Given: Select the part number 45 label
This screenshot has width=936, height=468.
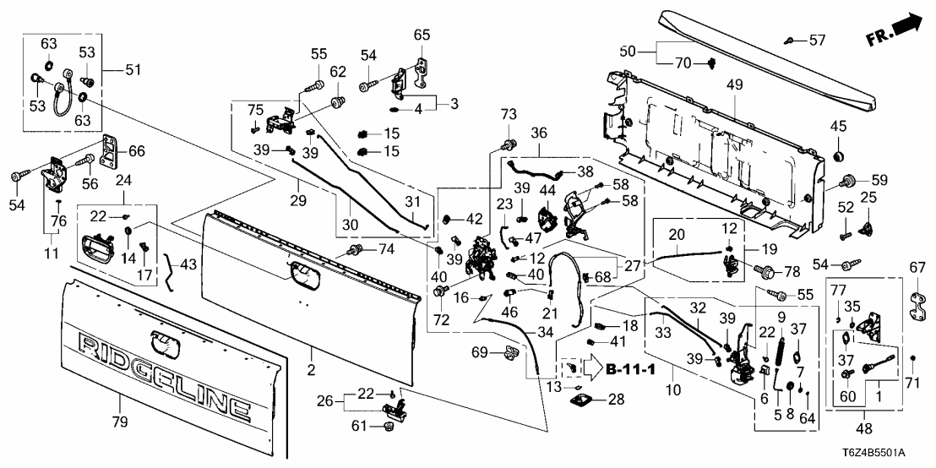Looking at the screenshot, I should pos(840,128).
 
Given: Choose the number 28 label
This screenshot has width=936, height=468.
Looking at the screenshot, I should pos(615,399).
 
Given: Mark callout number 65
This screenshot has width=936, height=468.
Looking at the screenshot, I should pos(422,35).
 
